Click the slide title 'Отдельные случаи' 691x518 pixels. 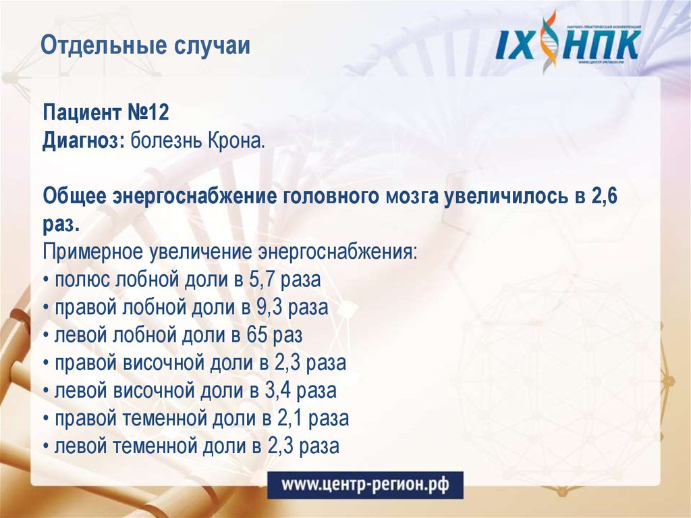(x=145, y=47)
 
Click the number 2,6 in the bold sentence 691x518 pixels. (x=604, y=198)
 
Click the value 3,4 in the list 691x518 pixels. (x=277, y=391)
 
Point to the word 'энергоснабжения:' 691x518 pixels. (x=339, y=252)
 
